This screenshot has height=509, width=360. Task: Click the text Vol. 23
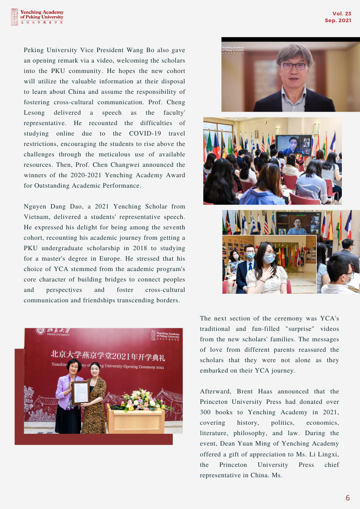click(x=342, y=14)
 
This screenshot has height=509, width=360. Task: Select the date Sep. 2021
click(x=338, y=21)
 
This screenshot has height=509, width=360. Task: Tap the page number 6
click(x=348, y=498)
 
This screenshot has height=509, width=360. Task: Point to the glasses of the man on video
click(x=294, y=66)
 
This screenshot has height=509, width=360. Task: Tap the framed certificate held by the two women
click(x=81, y=392)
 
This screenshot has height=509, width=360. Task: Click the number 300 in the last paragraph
click(x=207, y=412)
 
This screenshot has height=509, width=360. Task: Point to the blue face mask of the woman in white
click(x=269, y=258)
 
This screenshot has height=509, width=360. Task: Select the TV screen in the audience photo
click(x=293, y=145)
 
